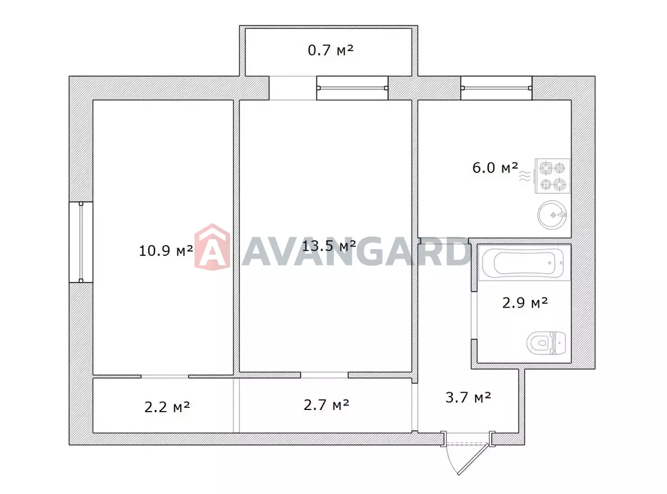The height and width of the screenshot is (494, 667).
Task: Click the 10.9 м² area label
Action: click(x=166, y=250)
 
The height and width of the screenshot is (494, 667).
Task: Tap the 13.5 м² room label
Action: click(x=329, y=246)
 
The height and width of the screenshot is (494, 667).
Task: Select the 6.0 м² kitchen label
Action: click(x=495, y=167)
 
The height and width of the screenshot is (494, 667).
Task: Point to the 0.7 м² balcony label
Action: click(x=331, y=50)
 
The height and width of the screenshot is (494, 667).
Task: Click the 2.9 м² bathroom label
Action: click(x=525, y=303)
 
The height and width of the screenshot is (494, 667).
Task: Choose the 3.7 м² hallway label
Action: click(x=468, y=397)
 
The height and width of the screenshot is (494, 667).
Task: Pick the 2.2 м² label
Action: click(x=167, y=407)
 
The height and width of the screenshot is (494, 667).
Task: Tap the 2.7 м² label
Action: click(x=326, y=405)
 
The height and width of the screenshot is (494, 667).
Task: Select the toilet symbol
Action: click(x=546, y=343)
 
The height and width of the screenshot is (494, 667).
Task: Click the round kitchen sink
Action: click(x=552, y=215)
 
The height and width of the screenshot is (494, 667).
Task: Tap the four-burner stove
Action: click(x=552, y=176)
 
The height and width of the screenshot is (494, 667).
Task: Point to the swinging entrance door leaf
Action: click(x=473, y=459)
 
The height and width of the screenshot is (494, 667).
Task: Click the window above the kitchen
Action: click(x=496, y=88)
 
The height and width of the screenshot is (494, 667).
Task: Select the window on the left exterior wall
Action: click(x=81, y=243)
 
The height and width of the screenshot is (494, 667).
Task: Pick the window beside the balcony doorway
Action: click(x=352, y=88)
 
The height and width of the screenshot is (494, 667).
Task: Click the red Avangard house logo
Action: click(x=212, y=247)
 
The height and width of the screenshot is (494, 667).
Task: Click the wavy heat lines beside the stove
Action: click(x=525, y=176)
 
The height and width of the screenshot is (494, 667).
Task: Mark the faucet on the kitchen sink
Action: click(x=561, y=215)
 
